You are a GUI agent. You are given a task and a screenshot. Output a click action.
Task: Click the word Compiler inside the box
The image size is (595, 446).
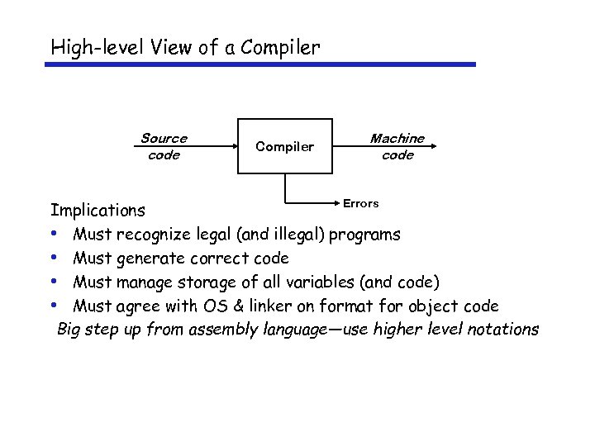tap(284, 147)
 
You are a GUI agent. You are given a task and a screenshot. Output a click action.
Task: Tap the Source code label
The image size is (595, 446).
tap(164, 146)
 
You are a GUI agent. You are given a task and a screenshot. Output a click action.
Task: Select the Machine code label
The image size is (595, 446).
tap(397, 146)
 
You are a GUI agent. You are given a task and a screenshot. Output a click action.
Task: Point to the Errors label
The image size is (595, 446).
tap(360, 203)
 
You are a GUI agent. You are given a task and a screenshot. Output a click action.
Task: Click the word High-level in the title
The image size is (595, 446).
tap(97, 48)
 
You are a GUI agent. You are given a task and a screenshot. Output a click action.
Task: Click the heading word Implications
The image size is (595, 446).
tap(98, 211)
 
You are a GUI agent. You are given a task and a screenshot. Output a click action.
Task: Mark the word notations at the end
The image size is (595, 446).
tap(503, 330)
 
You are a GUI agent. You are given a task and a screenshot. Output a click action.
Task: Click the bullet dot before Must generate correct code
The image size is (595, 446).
tap(54, 258)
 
